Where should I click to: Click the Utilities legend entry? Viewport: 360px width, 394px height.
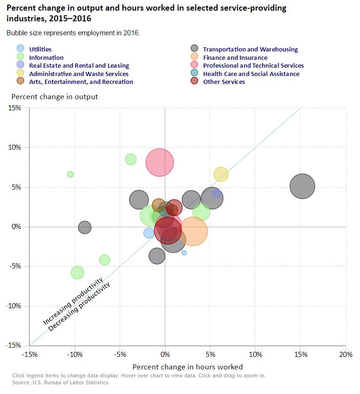click(40, 49)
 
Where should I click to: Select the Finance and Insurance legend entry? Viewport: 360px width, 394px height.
click(235, 57)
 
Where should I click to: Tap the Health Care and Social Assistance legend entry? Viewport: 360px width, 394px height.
click(251, 74)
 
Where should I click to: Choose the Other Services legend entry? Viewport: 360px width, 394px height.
click(224, 82)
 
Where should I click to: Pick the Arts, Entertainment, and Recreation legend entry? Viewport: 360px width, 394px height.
click(81, 82)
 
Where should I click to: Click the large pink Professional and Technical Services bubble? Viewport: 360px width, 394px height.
click(160, 163)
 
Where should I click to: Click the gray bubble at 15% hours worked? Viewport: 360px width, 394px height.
click(302, 186)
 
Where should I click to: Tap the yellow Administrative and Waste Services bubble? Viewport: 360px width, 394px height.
click(221, 174)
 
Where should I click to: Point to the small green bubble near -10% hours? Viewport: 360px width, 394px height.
click(70, 174)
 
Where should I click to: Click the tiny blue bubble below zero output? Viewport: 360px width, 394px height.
click(184, 253)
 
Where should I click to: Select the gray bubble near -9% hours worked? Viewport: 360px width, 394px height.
click(84, 227)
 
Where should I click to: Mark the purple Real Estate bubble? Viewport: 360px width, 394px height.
click(217, 193)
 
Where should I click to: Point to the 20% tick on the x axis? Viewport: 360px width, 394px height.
click(346, 354)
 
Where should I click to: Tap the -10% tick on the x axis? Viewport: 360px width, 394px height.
click(75, 354)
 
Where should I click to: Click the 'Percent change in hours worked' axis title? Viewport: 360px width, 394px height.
click(187, 367)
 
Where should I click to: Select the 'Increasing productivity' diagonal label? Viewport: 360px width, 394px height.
click(72, 301)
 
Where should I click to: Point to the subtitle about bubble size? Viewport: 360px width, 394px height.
click(73, 33)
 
